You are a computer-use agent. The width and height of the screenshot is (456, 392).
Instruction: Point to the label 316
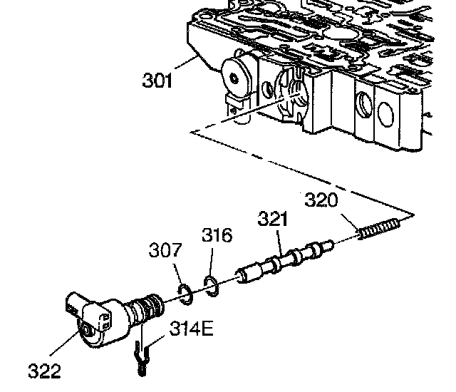[217, 234]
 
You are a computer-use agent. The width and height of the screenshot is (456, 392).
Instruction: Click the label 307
[165, 251]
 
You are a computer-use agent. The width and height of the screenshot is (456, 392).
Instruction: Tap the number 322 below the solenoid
[44, 371]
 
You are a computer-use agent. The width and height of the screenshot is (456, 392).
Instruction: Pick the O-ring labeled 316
[211, 284]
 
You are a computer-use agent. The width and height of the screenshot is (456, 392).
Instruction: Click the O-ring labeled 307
[182, 292]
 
